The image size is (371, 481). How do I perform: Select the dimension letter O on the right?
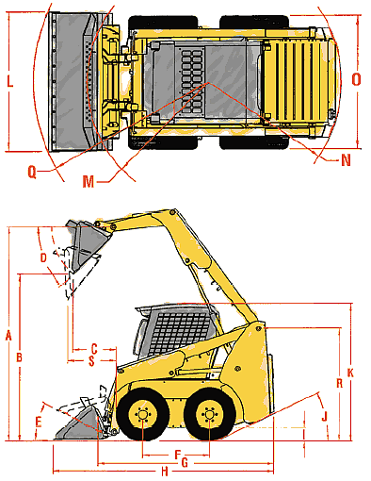click(356, 79)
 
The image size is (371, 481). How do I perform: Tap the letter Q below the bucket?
click(32, 172)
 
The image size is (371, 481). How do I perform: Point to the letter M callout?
click(89, 181)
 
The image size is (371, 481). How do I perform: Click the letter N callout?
click(346, 160)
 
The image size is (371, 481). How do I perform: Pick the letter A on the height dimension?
click(8, 336)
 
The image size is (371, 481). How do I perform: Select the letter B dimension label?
click(19, 357)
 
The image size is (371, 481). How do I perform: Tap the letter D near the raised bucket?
click(43, 257)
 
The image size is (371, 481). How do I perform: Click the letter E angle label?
click(39, 422)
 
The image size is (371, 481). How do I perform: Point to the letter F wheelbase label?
click(178, 455)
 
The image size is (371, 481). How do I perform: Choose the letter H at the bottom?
click(165, 472)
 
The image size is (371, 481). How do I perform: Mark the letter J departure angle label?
click(325, 416)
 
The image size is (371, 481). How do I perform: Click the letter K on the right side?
click(350, 373)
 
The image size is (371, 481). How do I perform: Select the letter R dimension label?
click(339, 383)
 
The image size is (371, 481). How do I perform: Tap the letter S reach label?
click(91, 361)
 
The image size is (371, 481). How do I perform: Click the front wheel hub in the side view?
click(143, 414)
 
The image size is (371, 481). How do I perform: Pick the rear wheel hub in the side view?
click(209, 414)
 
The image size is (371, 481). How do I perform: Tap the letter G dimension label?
click(185, 462)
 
